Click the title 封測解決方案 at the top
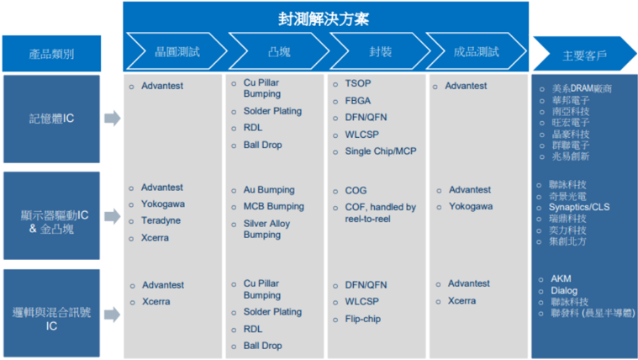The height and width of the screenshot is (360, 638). click(324, 19)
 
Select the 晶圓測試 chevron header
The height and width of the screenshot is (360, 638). click(177, 51)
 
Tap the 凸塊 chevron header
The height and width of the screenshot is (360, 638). click(279, 51)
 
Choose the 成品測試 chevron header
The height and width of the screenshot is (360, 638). click(476, 51)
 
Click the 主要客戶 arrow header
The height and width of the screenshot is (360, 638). click(585, 54)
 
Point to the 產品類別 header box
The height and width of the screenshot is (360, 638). click(51, 53)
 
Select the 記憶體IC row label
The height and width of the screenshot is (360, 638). click(51, 119)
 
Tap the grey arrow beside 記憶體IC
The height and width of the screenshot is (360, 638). click(113, 118)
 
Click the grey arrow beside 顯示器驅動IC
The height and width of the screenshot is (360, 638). click(113, 216)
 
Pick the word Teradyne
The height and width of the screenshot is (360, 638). click(161, 220)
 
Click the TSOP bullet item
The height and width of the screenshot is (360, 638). click(358, 83)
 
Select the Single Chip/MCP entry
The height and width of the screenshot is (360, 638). click(381, 151)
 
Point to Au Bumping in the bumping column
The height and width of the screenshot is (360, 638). click(269, 190)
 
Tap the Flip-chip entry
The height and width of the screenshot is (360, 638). click(363, 319)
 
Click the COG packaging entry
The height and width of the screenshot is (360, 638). click(356, 190)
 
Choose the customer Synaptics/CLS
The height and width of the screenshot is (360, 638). click(579, 207)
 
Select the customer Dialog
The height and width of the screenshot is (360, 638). click(564, 291)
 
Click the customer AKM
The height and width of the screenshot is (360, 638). click(561, 279)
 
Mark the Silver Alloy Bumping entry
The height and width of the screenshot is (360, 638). click(266, 229)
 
